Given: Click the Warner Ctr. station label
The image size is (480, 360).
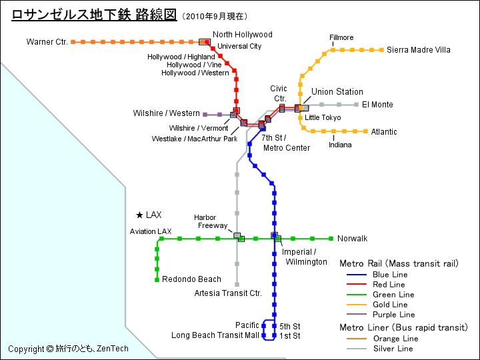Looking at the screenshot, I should pos(47,42).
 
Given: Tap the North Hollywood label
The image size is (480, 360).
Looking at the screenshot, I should pos(243,35).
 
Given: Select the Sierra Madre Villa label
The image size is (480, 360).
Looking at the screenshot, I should pos(419,50).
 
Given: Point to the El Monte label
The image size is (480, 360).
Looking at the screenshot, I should pos(377,105).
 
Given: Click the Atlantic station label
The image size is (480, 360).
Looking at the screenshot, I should pos(384,132).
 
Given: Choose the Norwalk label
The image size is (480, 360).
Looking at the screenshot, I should pos(352,239).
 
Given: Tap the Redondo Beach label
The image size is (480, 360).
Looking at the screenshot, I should pos(191,279).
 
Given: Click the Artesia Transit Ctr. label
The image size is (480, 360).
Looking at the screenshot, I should pos(228,293).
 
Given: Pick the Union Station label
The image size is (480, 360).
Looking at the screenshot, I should pos(337,92).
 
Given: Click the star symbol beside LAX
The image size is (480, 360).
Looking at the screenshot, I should pos(139,215).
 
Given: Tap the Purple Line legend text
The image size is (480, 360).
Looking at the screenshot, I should pos(393,315).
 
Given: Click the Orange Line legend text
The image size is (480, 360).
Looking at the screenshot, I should pos(395,339).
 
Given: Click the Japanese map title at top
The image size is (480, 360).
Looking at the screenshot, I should pos(94,15).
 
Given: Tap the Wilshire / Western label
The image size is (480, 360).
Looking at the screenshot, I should pos(166,114).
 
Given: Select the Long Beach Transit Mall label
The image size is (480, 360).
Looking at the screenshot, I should pos(215,335).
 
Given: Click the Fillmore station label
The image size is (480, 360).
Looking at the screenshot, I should pos(341,38).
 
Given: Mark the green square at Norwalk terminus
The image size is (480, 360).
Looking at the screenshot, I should pos(331,239).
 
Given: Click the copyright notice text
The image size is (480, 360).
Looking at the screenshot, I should pos(68,349).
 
